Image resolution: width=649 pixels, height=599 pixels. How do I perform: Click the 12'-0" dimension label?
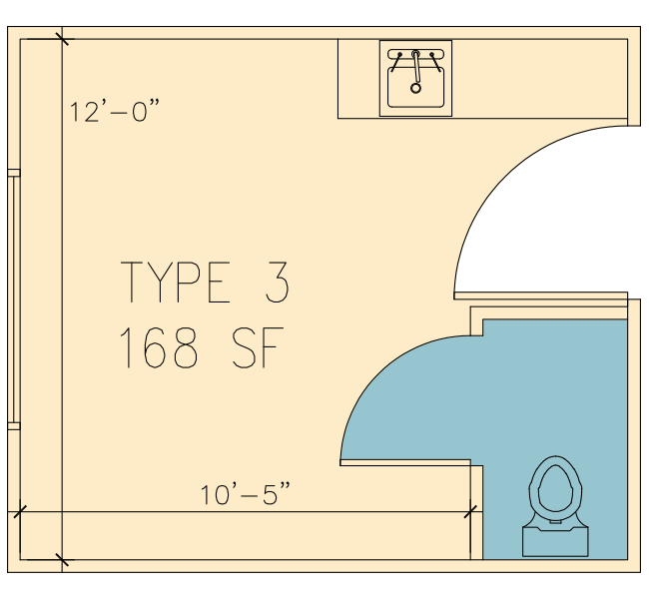[x=114, y=111]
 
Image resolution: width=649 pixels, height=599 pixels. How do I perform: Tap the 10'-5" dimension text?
[x=245, y=493]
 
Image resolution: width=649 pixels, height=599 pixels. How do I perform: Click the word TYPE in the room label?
[x=175, y=282]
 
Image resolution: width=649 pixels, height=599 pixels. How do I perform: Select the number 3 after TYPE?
[x=277, y=282]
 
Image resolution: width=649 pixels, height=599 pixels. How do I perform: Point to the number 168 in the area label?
[x=158, y=346]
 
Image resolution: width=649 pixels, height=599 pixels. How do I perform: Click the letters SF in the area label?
[x=258, y=346]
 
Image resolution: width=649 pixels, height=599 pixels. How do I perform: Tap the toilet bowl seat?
[x=555, y=489]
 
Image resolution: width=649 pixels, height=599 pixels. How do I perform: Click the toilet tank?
[x=555, y=541]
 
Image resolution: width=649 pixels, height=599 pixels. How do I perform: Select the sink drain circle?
[x=415, y=88]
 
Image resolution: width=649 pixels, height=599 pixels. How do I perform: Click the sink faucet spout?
[x=416, y=68]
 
